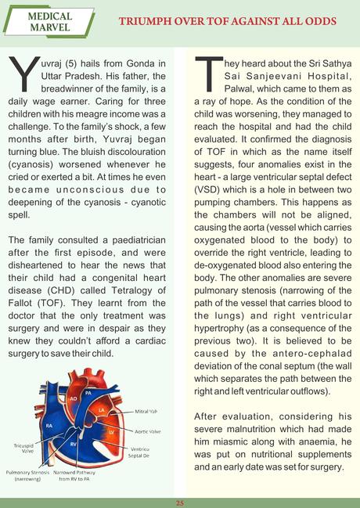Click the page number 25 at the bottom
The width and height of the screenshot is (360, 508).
180,502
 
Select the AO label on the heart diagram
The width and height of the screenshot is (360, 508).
73,398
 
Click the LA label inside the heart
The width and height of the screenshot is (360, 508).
101,409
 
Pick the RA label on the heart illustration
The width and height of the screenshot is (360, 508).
49,425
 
